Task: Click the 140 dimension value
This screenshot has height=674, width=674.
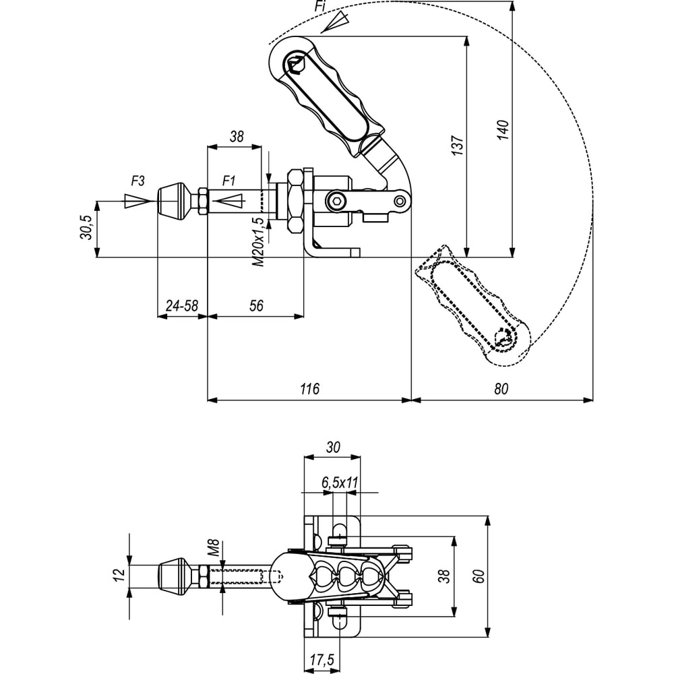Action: [x=503, y=129]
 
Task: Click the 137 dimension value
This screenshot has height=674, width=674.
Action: [x=458, y=146]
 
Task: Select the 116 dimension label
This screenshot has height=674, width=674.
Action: [x=309, y=389]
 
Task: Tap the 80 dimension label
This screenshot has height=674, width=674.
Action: [x=501, y=389]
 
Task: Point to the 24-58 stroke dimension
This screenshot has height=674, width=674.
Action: [x=182, y=305]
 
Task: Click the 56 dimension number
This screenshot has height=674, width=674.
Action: [x=256, y=305]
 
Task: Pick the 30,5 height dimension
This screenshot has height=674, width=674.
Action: [x=86, y=227]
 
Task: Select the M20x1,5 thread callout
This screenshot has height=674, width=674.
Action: [x=258, y=242]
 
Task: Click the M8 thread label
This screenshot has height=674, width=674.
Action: [x=214, y=548]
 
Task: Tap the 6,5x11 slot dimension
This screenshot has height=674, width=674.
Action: [x=340, y=483]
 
